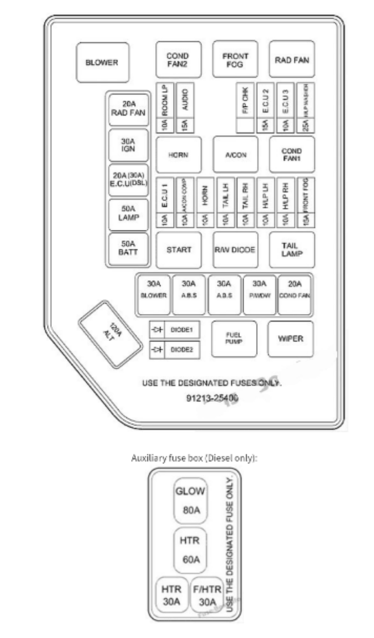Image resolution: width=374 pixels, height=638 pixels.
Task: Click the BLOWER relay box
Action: coord(102,62)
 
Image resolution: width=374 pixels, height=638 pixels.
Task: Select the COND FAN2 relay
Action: coord(178,60)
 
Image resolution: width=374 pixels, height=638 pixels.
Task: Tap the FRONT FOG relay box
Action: coord(235,60)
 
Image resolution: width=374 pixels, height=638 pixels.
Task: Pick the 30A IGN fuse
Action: coord(128,145)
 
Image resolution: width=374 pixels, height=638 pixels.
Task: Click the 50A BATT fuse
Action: coord(128,248)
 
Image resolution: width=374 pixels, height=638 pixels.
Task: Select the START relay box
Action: coord(179,250)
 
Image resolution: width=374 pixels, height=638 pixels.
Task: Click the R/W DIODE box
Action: coord(235,250)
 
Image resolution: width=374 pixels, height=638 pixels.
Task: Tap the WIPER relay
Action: coord(290,339)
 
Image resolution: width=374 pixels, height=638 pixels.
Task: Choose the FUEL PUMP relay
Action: coord(234,339)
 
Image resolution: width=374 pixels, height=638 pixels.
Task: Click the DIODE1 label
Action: coord(182,330)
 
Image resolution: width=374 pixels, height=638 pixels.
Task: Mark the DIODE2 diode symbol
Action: coord(157,349)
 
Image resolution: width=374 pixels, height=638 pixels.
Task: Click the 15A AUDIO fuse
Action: coord(185,108)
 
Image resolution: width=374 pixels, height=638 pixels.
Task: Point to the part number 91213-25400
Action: coord(212,398)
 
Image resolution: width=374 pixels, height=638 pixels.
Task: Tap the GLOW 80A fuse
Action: coord(190,500)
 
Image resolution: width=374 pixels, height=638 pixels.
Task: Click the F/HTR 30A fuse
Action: coord(207,595)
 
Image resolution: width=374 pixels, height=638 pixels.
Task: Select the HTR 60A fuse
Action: coord(190,550)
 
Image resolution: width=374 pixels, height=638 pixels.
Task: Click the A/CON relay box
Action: coord(235,155)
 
